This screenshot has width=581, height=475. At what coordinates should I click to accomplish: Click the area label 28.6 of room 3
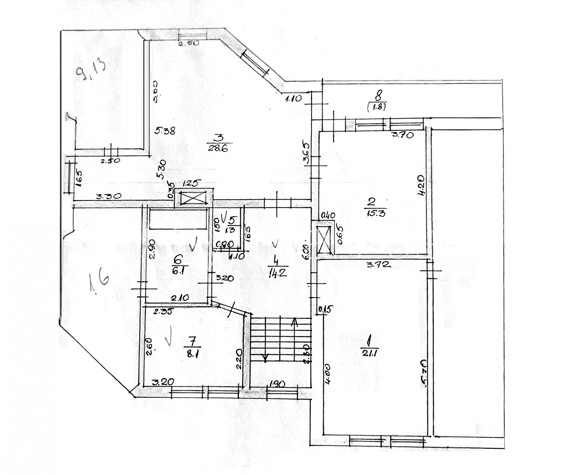(x=218, y=149)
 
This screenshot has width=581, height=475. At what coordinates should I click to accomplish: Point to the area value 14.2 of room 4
(x=277, y=273)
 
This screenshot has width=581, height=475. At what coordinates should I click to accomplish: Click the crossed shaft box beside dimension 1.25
(x=193, y=198)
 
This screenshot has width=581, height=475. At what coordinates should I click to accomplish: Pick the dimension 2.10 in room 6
(x=180, y=297)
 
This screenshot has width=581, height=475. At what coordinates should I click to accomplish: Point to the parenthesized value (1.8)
(x=377, y=107)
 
